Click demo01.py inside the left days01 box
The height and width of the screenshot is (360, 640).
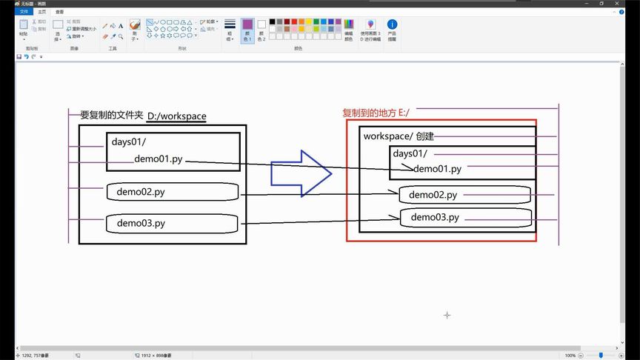(x=159, y=159)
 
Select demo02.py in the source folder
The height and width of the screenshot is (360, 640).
(x=140, y=192)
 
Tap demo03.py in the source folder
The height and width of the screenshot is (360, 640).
(x=141, y=223)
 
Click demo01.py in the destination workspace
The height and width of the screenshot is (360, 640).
(x=437, y=169)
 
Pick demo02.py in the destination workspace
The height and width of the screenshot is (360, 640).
(x=433, y=195)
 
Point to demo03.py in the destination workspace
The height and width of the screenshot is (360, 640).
(x=435, y=217)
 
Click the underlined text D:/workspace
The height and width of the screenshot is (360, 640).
(x=176, y=116)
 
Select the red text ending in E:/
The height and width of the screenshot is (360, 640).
(x=376, y=113)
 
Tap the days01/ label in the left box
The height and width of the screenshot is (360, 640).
(x=130, y=141)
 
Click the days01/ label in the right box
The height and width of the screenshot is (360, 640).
(x=410, y=153)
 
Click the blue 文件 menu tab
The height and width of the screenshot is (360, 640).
(x=24, y=12)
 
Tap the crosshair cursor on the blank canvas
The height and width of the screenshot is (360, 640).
(x=447, y=315)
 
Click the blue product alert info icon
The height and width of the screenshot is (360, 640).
(x=392, y=25)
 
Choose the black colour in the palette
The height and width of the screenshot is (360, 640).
(x=273, y=22)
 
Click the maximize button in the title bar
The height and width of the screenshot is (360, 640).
(x=601, y=4)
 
